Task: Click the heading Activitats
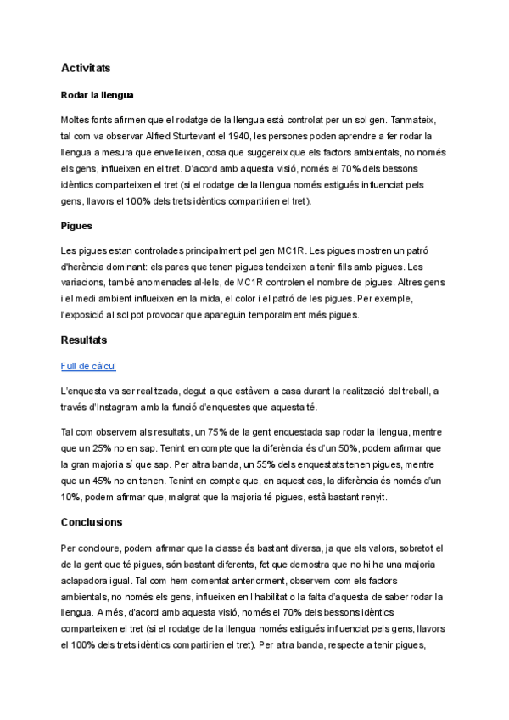[x=86, y=67]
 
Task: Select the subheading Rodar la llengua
[x=98, y=94]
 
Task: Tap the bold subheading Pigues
[x=76, y=227]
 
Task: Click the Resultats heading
[x=84, y=340]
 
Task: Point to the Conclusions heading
[x=92, y=522]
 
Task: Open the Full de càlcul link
[x=88, y=366]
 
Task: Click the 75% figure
[x=242, y=432]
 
